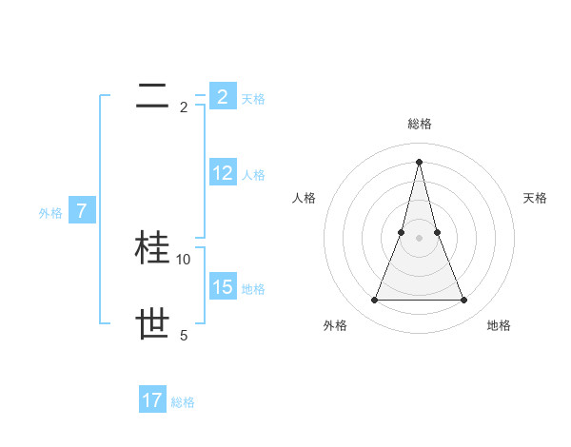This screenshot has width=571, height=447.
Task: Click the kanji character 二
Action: point(152,96)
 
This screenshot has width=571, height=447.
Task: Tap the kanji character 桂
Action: point(153,247)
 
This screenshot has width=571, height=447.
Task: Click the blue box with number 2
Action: point(222,96)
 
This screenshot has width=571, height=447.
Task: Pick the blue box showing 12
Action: point(222,173)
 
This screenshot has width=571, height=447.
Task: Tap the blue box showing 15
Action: point(222,286)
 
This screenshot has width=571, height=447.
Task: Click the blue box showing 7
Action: point(82,211)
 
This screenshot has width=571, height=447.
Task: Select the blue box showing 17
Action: point(152,400)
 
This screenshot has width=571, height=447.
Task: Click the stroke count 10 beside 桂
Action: point(184,259)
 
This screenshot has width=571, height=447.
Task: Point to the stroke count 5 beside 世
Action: point(184,335)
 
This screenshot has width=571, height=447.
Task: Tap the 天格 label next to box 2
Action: point(253,98)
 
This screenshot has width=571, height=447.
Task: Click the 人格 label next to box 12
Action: point(253,175)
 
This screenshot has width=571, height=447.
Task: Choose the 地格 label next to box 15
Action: point(253,288)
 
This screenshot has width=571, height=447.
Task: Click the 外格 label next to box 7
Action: point(50,213)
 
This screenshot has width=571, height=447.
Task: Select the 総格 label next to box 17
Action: point(183,402)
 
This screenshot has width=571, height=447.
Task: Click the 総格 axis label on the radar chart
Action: point(419,124)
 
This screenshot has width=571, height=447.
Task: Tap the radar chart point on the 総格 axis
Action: point(419,160)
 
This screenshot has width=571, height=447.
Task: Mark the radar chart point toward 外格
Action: point(374,301)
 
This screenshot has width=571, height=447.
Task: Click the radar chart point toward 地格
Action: point(464,301)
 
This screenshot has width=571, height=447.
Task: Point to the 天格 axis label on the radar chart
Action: point(536,198)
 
